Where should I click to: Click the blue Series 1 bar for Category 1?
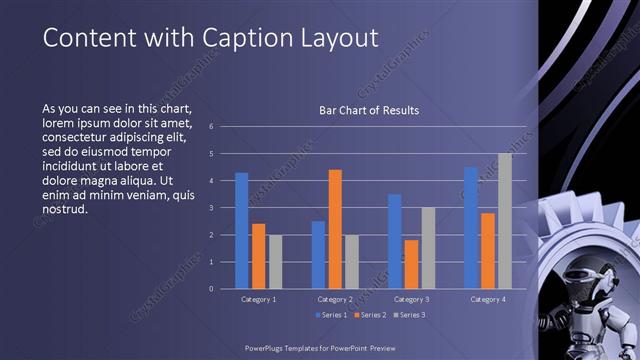click(241, 231)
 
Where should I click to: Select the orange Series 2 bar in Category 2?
click(335, 229)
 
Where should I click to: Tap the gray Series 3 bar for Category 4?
click(505, 221)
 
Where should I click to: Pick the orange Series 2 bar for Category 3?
click(411, 264)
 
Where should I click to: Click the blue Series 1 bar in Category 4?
click(471, 228)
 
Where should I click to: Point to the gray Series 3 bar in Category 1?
click(275, 262)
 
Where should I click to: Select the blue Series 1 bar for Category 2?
click(318, 255)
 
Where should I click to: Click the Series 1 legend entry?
click(333, 315)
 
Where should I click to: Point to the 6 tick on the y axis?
click(211, 126)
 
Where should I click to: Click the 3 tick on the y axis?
click(211, 208)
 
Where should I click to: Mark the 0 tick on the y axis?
click(211, 289)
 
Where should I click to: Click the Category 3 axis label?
click(411, 299)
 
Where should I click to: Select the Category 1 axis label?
click(258, 299)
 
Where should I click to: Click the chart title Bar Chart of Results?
click(369, 110)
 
